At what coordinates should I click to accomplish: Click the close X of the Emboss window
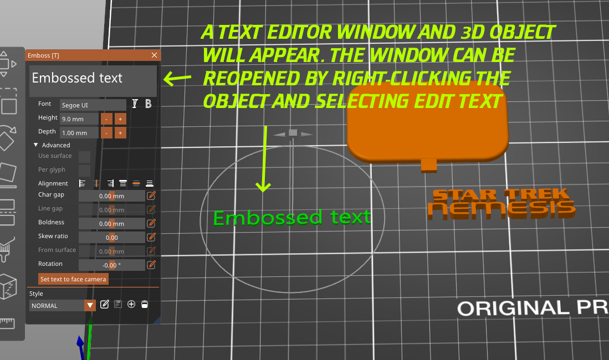(x=154, y=55)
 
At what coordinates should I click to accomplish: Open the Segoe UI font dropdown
(x=93, y=105)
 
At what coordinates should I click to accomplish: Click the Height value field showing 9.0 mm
(x=79, y=119)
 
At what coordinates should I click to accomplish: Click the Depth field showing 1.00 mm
(x=79, y=132)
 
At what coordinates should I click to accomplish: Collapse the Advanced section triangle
(x=36, y=145)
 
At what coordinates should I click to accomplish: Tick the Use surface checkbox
(x=84, y=157)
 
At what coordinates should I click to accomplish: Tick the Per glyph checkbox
(x=84, y=170)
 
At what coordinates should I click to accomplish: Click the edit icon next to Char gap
(x=151, y=196)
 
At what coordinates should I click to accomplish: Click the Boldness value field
(x=111, y=224)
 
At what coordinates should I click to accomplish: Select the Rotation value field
(x=111, y=265)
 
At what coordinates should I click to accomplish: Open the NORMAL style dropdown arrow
(x=90, y=305)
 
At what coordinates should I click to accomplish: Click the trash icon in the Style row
(x=145, y=304)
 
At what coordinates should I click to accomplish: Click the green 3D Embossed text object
(x=291, y=217)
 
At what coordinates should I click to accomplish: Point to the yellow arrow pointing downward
(x=264, y=161)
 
